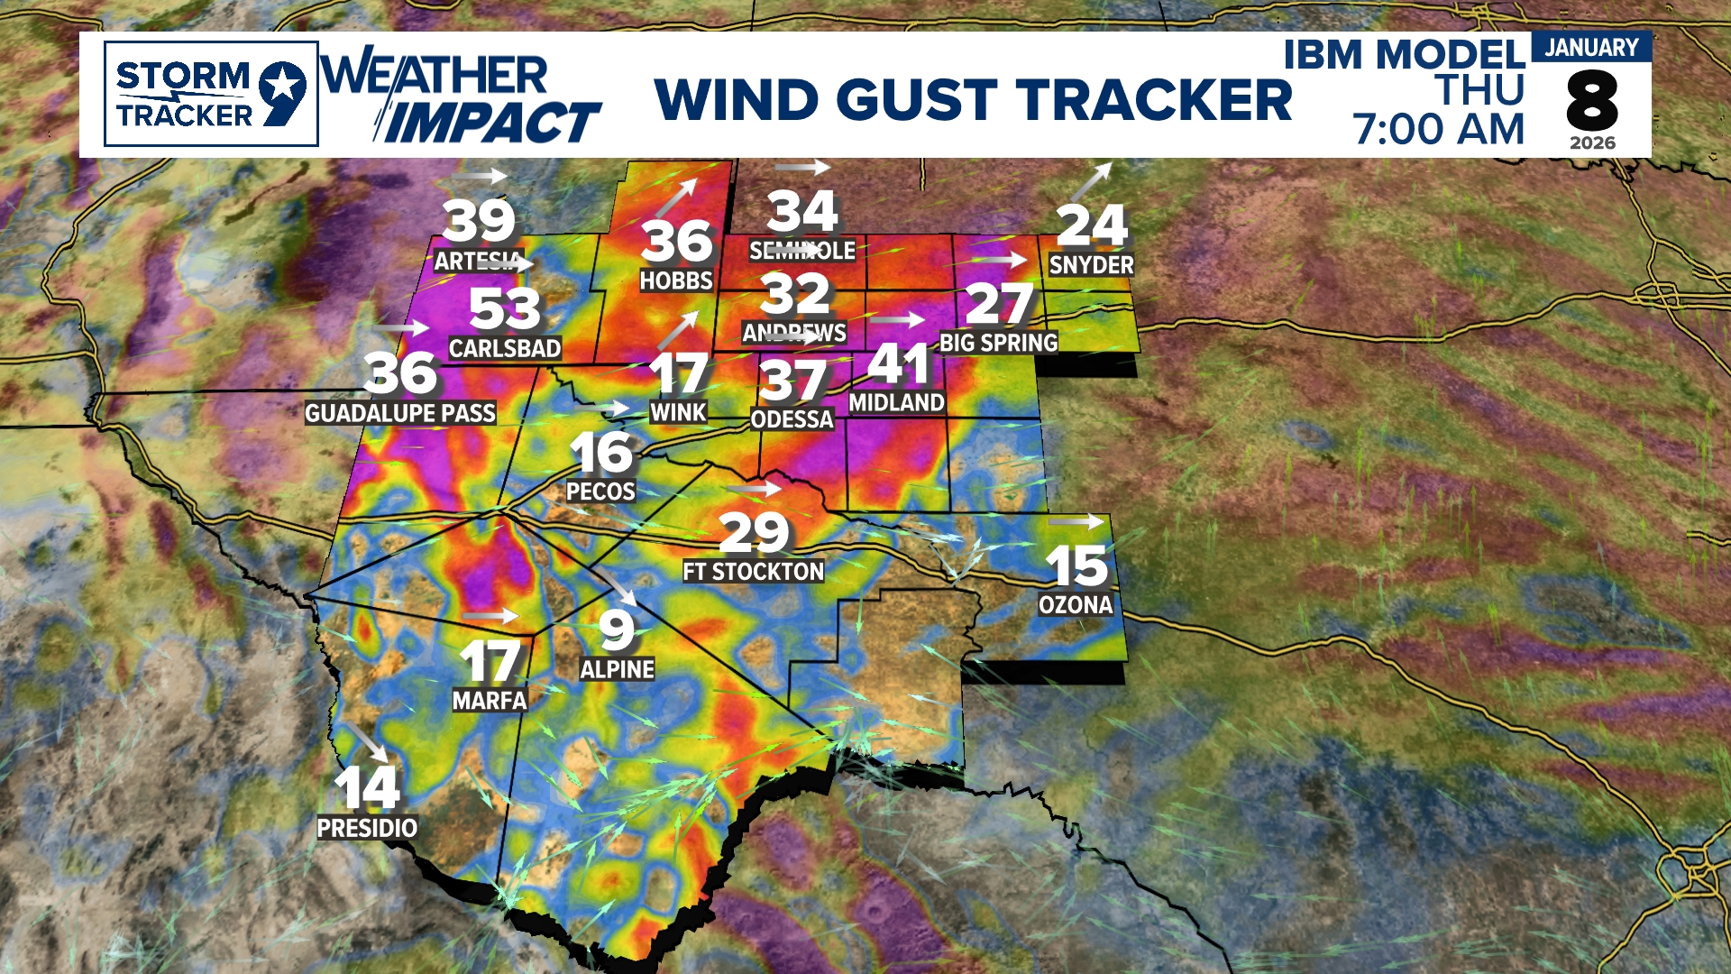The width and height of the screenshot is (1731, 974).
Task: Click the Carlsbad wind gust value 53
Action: [504, 309]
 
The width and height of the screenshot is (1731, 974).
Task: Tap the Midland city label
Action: [896, 403]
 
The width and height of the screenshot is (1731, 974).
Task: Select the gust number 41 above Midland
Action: [899, 364]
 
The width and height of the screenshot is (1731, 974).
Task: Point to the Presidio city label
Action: [367, 828]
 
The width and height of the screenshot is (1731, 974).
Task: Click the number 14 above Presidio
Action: [367, 787]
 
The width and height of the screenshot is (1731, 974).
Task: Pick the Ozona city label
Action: [1076, 605]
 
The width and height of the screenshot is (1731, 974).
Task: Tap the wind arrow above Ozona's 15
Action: [1076, 521]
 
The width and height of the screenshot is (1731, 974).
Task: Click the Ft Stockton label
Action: [753, 572]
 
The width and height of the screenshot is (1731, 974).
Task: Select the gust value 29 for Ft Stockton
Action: [754, 532]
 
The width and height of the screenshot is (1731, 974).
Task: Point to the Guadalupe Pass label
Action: [400, 414]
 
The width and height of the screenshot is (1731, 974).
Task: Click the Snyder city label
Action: [1091, 265]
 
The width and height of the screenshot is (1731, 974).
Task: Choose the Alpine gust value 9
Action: [617, 629]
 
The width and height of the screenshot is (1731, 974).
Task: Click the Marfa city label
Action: [490, 701]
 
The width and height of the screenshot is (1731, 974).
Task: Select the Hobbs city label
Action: [676, 281]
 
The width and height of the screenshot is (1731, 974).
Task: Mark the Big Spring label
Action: [998, 344]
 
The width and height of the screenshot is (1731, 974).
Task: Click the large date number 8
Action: [1591, 101]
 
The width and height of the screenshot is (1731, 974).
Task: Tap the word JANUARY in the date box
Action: [1591, 48]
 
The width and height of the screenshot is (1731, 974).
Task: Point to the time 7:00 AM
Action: [1438, 129]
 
